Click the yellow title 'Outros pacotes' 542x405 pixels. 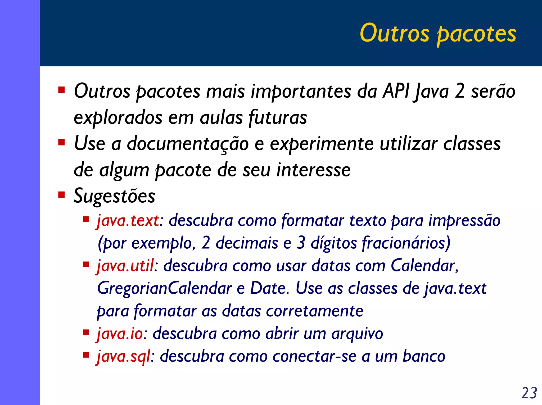tap(438, 34)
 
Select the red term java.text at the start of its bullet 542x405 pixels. tap(128, 221)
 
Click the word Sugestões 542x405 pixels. tap(114, 196)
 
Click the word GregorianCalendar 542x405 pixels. tap(164, 288)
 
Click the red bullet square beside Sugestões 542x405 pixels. tap(61, 195)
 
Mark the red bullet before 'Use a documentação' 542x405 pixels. tap(61, 143)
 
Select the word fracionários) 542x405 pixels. tap(406, 243)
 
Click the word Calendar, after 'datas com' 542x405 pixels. tap(424, 266)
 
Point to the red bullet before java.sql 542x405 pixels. tap(86, 355)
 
